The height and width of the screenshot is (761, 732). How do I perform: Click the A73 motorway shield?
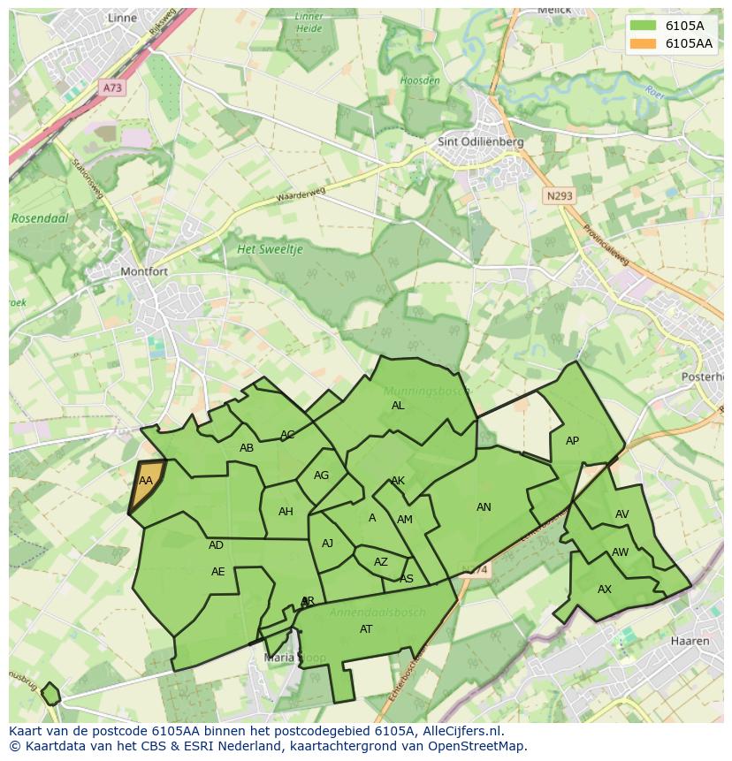[x=112, y=88]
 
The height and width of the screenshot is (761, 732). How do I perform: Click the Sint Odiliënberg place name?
[x=481, y=141]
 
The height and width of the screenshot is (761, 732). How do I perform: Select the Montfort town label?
[x=143, y=271]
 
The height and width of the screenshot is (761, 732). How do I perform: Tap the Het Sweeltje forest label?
[x=270, y=249]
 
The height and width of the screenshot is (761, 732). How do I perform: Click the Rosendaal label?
[x=40, y=217]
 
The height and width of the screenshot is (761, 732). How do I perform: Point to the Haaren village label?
[x=690, y=641]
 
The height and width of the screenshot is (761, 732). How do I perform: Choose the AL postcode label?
[x=398, y=406]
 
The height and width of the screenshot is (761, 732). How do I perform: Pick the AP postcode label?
[x=572, y=441]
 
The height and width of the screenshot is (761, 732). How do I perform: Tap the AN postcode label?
[x=484, y=507]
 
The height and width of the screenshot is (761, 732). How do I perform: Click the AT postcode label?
[x=366, y=629]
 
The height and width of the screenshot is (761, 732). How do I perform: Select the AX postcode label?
[x=605, y=590]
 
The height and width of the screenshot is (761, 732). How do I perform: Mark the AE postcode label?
[x=218, y=572]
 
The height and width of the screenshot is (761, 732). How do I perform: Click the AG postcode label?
[x=321, y=476]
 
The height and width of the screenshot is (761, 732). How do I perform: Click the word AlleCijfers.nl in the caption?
[x=459, y=731]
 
